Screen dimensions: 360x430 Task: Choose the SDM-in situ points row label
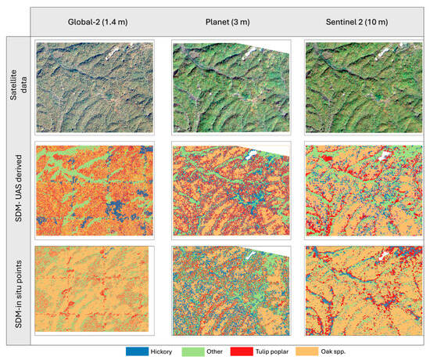[16, 296]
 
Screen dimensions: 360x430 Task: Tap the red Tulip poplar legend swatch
[248, 352]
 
